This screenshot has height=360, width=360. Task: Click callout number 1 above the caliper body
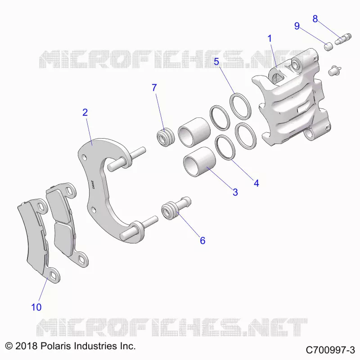click(270, 39)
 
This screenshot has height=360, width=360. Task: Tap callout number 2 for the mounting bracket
click(85, 112)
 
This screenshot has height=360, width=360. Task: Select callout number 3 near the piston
click(235, 192)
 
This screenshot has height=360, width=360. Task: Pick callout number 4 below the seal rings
click(256, 183)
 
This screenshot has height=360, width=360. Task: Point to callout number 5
click(216, 62)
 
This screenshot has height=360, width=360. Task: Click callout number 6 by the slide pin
click(202, 241)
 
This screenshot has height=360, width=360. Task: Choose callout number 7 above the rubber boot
click(154, 87)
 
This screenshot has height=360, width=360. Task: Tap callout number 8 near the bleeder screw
click(315, 19)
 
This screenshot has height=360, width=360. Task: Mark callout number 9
click(297, 26)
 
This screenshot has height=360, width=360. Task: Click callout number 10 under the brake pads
click(36, 307)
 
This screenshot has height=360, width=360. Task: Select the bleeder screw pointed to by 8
click(343, 39)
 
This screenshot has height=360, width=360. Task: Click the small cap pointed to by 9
click(328, 46)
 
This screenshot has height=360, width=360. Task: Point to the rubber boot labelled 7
click(166, 138)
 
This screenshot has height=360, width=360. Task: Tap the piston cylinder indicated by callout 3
click(199, 162)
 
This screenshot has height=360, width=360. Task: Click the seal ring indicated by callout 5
click(240, 106)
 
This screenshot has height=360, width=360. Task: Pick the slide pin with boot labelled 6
click(176, 208)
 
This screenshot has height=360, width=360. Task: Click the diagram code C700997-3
click(330, 350)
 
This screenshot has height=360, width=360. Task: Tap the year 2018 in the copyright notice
click(26, 346)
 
